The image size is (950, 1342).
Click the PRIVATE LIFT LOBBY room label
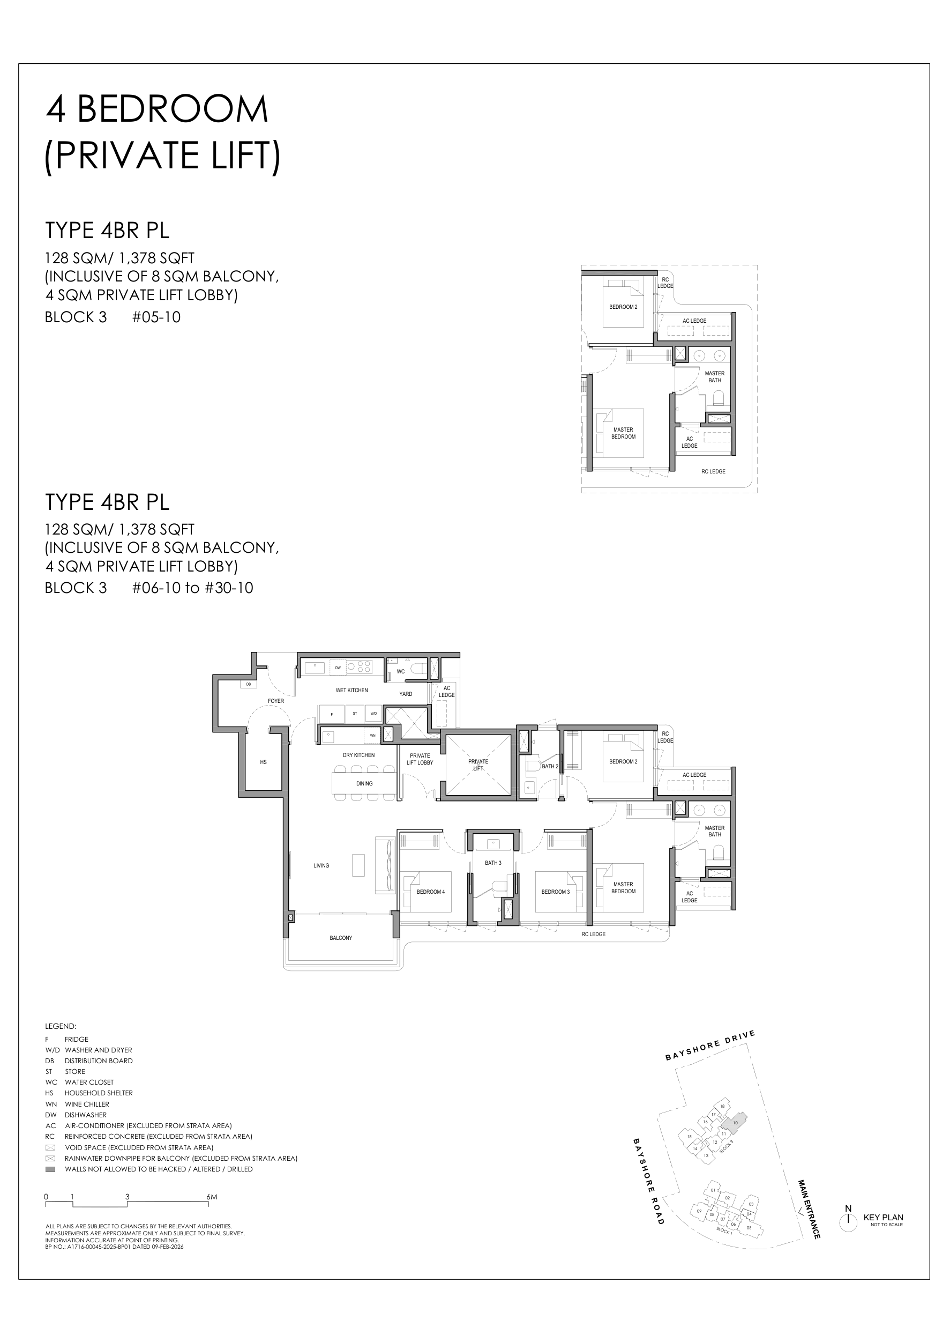[x=420, y=759]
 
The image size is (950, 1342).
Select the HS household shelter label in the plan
[x=263, y=762]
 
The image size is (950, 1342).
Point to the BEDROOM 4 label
[x=431, y=892]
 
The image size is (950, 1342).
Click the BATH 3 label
[x=492, y=863]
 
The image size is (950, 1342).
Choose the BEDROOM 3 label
[x=555, y=892]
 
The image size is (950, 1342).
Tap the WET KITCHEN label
[x=351, y=690]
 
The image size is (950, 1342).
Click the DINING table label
[x=364, y=783]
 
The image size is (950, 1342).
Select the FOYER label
[x=275, y=701]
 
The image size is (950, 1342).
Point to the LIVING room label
[x=321, y=865]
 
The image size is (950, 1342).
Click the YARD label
[x=406, y=694]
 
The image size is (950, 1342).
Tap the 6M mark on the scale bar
[x=211, y=1197]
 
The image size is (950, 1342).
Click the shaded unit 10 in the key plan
[x=735, y=1122]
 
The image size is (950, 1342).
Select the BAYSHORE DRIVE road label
[x=710, y=1046]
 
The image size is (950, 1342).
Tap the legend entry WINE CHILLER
[x=87, y=1104]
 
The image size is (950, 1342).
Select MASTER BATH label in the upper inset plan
[x=714, y=376]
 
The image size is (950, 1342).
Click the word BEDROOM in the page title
[x=173, y=109]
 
